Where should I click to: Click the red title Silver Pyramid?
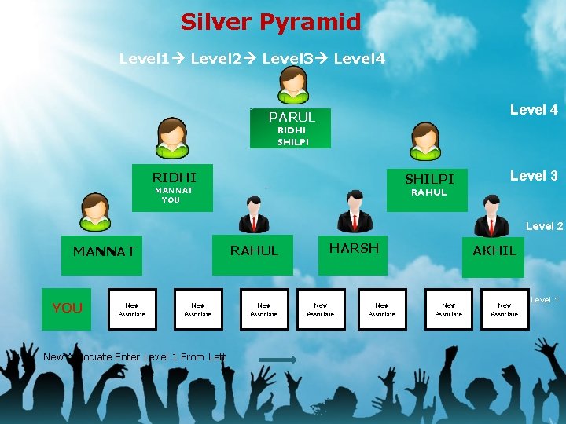270,22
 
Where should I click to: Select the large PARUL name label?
292,117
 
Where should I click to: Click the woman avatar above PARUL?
293,84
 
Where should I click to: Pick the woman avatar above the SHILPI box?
425,141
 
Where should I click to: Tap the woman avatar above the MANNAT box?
95,212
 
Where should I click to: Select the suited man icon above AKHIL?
493,215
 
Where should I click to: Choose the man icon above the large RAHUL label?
253,215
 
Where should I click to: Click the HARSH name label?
354,248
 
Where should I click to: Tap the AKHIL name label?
494,250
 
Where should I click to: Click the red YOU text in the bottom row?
67,308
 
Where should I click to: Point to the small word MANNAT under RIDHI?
174,190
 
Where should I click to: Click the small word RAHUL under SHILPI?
429,192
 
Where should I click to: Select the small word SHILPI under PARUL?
292,142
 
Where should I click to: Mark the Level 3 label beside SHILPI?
534,176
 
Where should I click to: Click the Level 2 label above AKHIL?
544,226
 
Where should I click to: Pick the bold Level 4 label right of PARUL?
534,110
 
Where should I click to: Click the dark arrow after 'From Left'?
277,360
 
